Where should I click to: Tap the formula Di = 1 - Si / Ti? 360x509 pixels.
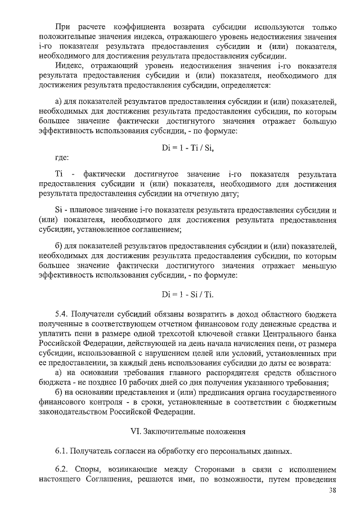187,294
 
